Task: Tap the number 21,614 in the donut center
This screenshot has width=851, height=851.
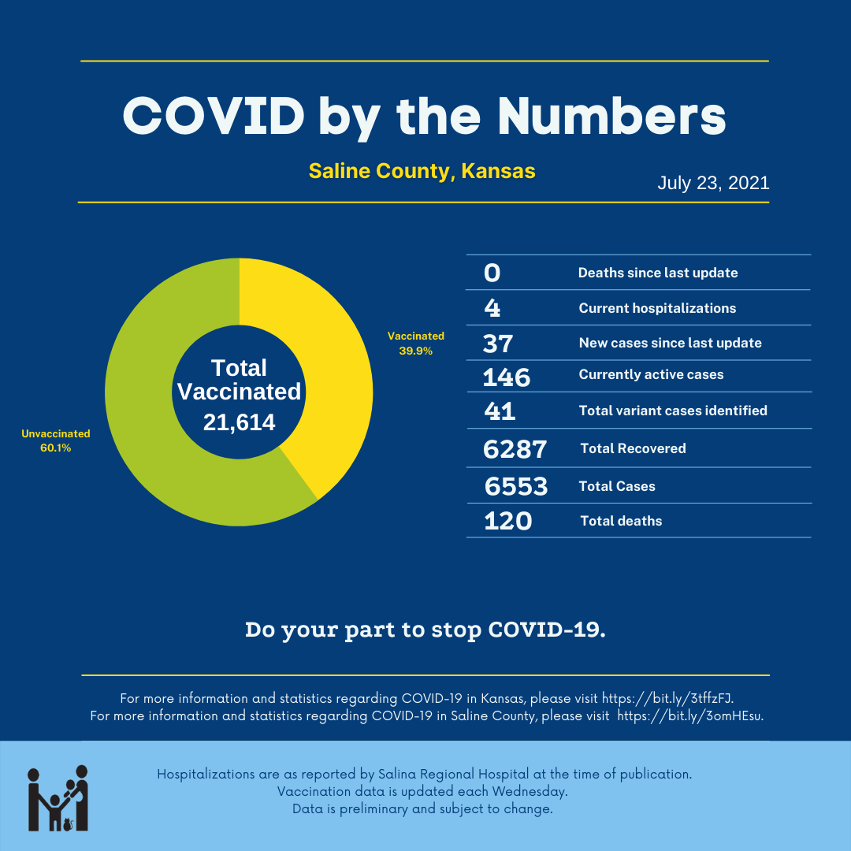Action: point(239,423)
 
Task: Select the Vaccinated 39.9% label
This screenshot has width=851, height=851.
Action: point(415,344)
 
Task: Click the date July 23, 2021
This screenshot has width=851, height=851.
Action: point(713,184)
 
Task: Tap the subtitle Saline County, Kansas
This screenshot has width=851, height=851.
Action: point(422,171)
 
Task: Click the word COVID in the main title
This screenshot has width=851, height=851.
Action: point(214,117)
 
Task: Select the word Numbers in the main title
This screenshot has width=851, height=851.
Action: point(611,117)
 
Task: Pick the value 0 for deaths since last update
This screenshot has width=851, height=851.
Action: point(492,273)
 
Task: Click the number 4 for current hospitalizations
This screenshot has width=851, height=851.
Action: point(492,308)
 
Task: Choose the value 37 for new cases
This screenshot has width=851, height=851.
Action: point(498,344)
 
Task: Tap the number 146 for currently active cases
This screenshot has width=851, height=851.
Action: point(507,377)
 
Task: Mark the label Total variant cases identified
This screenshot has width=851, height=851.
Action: point(673,411)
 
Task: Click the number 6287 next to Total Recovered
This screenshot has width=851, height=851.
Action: point(515,449)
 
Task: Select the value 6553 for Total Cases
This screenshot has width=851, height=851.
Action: point(516,486)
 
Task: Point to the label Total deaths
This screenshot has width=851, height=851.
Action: point(621,521)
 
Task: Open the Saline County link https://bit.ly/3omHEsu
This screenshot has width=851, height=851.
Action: point(689,716)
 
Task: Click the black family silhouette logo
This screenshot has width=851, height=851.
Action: point(58,798)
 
